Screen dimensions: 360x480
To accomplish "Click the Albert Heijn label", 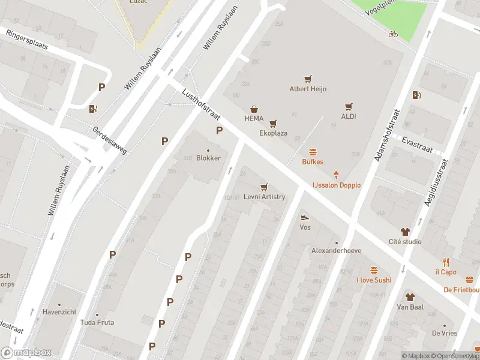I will point(308,89).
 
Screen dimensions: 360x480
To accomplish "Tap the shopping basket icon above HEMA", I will point(254,109).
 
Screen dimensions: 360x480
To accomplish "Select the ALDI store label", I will point(349,116).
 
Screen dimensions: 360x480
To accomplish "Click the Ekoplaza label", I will point(273,133).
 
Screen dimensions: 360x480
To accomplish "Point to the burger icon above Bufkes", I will point(312,152).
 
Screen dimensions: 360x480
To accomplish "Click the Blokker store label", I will point(208,158).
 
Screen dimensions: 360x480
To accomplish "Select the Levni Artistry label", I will point(264,197).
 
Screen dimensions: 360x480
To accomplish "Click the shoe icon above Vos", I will point(305,218).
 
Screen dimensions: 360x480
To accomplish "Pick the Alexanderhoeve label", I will point(336,251).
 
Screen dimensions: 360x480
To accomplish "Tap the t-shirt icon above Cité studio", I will point(404,232).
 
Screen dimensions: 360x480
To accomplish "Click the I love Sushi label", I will point(374,280).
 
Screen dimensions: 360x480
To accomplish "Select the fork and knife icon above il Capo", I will point(445,262).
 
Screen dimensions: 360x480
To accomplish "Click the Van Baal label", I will point(410,307).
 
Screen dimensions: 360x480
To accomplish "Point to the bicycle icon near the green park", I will point(393,34).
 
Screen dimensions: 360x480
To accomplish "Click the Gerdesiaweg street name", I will point(110,140).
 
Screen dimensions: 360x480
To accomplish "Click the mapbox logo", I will point(26,353).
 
